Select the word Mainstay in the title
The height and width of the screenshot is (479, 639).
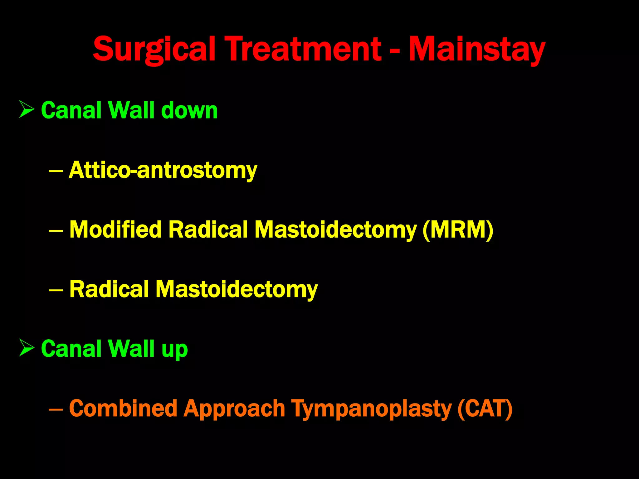pos(477,49)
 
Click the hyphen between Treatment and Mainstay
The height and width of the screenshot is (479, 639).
pos(395,50)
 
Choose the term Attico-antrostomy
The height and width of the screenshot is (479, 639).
pos(163,170)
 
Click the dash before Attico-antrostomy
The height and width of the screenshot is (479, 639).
pos(56,171)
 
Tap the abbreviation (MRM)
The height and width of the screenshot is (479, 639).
pos(458,230)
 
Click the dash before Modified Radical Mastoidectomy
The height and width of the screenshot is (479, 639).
pos(56,230)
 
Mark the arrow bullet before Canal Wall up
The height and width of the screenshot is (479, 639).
pos(27,347)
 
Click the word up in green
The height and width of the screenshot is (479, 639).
pos(174,349)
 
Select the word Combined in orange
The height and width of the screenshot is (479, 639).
pos(123,409)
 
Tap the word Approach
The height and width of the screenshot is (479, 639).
pos(234,409)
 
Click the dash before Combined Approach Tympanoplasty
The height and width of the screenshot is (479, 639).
pos(56,409)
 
